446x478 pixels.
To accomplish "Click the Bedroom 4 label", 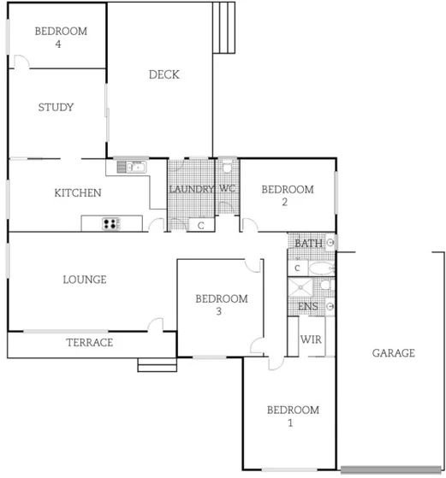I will pyautogui.click(x=60, y=37).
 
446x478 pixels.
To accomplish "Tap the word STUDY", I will pyautogui.click(x=56, y=108).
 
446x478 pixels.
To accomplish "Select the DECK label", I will pyautogui.click(x=164, y=74).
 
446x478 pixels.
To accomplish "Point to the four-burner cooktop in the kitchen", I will pyautogui.click(x=111, y=224).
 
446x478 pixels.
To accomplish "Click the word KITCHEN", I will pyautogui.click(x=78, y=193).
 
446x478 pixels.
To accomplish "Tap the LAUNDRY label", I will pyautogui.click(x=190, y=189).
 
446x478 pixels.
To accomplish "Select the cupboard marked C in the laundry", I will pyautogui.click(x=200, y=225).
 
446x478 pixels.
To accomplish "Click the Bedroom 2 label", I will pyautogui.click(x=287, y=195).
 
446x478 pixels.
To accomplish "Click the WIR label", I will pyautogui.click(x=311, y=339).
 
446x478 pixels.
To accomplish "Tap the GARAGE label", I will pyautogui.click(x=394, y=352).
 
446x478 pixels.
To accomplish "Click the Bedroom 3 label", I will pyautogui.click(x=221, y=304).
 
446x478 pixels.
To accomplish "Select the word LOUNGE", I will pyautogui.click(x=84, y=279).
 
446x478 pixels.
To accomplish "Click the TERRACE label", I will pyautogui.click(x=89, y=343).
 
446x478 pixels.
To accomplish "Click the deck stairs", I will pyautogui.click(x=223, y=27).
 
